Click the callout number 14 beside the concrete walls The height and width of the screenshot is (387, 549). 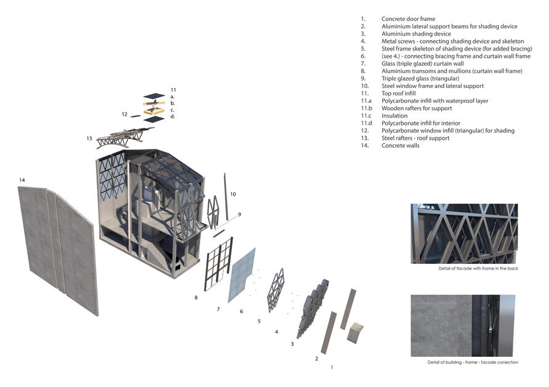(x=22, y=180)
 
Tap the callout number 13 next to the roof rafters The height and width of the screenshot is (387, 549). (x=89, y=138)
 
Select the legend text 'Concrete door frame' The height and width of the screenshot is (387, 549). (x=408, y=19)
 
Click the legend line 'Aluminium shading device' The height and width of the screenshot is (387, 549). (x=416, y=34)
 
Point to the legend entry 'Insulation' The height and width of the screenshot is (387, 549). (x=395, y=116)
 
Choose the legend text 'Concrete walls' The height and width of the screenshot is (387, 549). (x=400, y=146)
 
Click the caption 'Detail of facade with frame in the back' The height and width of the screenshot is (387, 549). (x=478, y=268)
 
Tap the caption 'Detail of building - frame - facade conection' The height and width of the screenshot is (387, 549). (x=473, y=362)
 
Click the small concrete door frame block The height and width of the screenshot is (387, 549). (x=355, y=332)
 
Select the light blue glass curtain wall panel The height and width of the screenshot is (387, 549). (x=242, y=275)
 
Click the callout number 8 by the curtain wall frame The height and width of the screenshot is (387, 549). (x=196, y=297)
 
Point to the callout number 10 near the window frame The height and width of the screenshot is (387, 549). (x=233, y=194)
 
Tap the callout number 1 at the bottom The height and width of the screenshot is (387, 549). (x=332, y=367)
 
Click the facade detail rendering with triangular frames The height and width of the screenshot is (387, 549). (x=464, y=234)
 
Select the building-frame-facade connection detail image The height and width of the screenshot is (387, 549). (x=463, y=325)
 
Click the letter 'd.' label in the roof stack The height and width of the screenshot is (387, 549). (x=172, y=116)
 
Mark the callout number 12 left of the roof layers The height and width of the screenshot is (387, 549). (x=125, y=114)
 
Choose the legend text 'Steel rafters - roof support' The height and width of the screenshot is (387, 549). (x=415, y=138)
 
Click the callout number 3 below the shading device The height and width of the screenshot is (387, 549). (x=292, y=344)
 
